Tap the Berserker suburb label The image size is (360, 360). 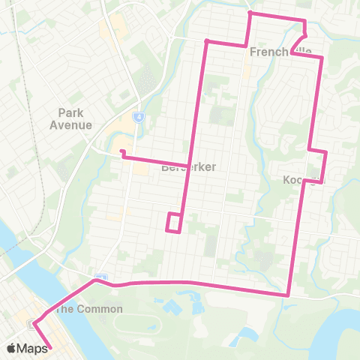[188, 167]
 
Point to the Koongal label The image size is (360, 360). [302, 180]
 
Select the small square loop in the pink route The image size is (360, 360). [174, 223]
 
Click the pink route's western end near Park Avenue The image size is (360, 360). [121, 153]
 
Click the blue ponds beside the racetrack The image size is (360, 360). [171, 308]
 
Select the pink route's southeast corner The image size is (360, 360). [288, 295]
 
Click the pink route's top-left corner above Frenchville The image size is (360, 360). [250, 13]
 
